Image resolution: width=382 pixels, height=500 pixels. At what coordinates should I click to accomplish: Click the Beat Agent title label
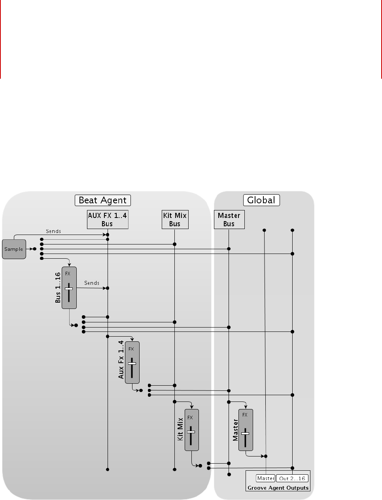click(x=103, y=200)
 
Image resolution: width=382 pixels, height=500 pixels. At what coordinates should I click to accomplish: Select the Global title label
click(x=261, y=200)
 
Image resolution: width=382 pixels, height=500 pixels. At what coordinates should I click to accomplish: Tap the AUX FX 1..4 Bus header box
click(x=108, y=220)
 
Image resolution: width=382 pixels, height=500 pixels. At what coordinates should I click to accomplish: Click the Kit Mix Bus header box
click(x=175, y=220)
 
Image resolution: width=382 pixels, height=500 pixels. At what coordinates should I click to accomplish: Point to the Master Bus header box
click(x=229, y=220)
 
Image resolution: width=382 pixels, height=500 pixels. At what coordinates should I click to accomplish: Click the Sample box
click(x=14, y=249)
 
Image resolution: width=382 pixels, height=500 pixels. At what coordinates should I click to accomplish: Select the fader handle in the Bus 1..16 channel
click(x=69, y=289)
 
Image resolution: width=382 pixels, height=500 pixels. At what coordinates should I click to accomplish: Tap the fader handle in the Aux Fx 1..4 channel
click(x=132, y=363)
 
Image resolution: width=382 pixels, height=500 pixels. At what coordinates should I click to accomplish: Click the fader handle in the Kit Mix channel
click(x=191, y=432)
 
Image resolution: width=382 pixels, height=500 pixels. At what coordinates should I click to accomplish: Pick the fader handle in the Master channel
click(x=245, y=434)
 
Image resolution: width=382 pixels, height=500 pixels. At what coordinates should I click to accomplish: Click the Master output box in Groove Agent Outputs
click(x=265, y=478)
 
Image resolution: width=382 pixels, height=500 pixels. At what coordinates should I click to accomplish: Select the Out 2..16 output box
click(x=292, y=478)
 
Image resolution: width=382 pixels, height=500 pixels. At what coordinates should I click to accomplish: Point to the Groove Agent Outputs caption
click(x=278, y=488)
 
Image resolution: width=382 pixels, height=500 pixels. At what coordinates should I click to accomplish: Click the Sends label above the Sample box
click(x=53, y=231)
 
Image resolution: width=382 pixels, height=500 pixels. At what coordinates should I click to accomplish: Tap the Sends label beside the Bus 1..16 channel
click(x=92, y=283)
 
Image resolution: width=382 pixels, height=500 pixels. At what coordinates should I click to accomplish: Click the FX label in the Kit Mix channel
click(x=190, y=418)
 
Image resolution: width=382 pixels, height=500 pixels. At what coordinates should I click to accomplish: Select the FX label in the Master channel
click(x=245, y=415)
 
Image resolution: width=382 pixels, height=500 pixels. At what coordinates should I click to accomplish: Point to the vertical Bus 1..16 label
click(x=58, y=288)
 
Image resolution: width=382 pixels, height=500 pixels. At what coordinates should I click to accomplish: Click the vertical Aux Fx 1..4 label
click(x=121, y=360)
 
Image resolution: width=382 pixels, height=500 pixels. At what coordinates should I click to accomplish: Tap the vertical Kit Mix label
click(x=180, y=429)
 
